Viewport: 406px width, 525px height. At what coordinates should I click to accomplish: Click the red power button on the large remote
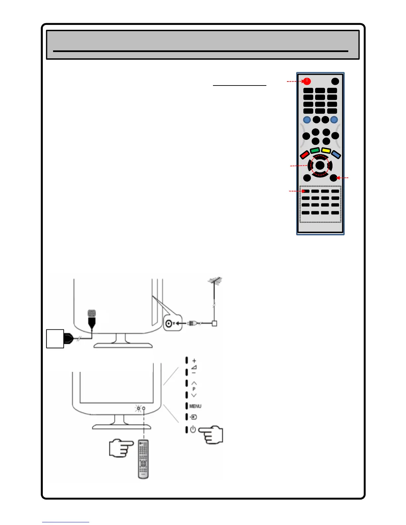307,81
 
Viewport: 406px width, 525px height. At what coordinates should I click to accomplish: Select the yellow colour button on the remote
326,151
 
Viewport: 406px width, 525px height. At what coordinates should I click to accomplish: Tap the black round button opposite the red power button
335,81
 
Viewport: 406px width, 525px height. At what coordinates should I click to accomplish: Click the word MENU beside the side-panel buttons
195,406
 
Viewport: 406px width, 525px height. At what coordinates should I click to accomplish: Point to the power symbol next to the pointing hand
193,430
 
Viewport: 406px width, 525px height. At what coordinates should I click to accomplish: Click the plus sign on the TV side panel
194,361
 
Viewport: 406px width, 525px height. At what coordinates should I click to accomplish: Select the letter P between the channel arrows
194,389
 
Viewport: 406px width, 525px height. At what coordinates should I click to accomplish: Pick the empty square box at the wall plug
55,338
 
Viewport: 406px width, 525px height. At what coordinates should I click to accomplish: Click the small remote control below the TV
143,459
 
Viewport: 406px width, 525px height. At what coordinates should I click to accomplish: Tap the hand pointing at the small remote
121,448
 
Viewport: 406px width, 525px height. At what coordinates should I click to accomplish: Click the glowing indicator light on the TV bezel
138,408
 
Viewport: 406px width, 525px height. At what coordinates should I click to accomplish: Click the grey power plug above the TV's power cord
92,314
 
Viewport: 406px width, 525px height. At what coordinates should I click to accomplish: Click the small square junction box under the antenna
215,323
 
